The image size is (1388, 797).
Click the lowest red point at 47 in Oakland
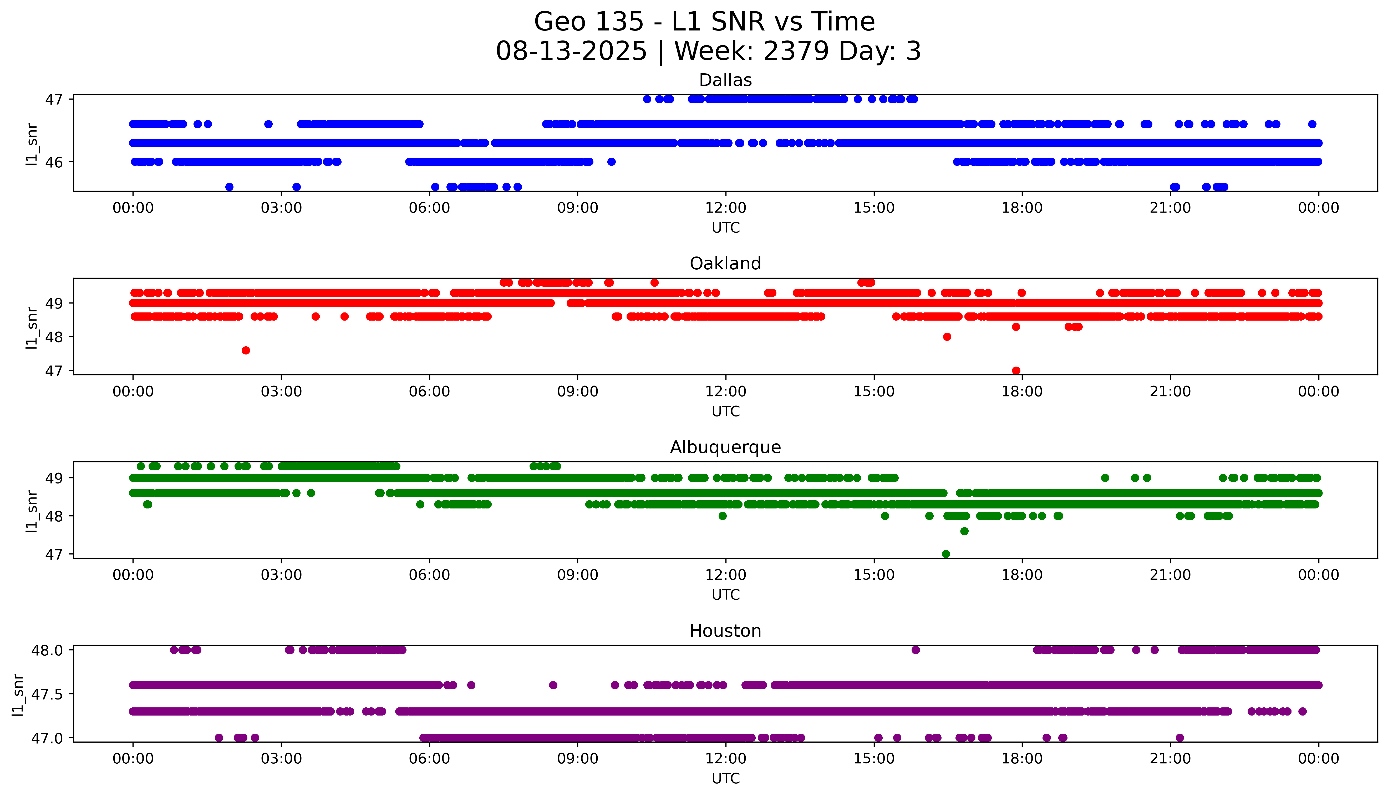tap(1016, 371)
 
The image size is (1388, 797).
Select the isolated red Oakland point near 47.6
tap(246, 350)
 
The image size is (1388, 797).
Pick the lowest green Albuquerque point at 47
tap(945, 554)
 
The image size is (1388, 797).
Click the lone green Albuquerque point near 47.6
tap(964, 531)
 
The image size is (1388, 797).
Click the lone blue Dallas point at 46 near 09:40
tap(612, 162)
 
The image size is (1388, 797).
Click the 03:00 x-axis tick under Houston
tap(281, 759)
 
